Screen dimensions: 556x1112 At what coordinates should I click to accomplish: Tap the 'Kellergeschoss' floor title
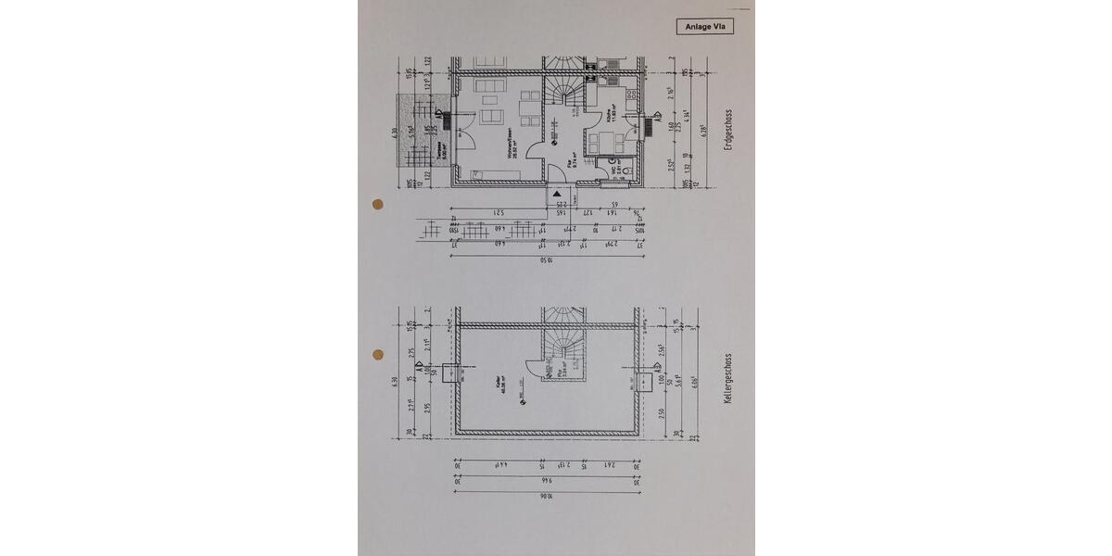(x=729, y=379)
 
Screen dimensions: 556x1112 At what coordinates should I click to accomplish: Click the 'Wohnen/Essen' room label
(x=510, y=150)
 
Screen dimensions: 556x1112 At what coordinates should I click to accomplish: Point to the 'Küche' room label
(x=610, y=117)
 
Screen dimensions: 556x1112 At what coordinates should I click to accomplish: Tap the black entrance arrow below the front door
(x=558, y=194)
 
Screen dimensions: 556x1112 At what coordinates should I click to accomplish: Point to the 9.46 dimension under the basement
(x=546, y=481)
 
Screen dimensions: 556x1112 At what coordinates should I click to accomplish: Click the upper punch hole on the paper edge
(x=377, y=204)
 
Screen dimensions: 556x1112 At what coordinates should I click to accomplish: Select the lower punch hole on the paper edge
(x=377, y=354)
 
